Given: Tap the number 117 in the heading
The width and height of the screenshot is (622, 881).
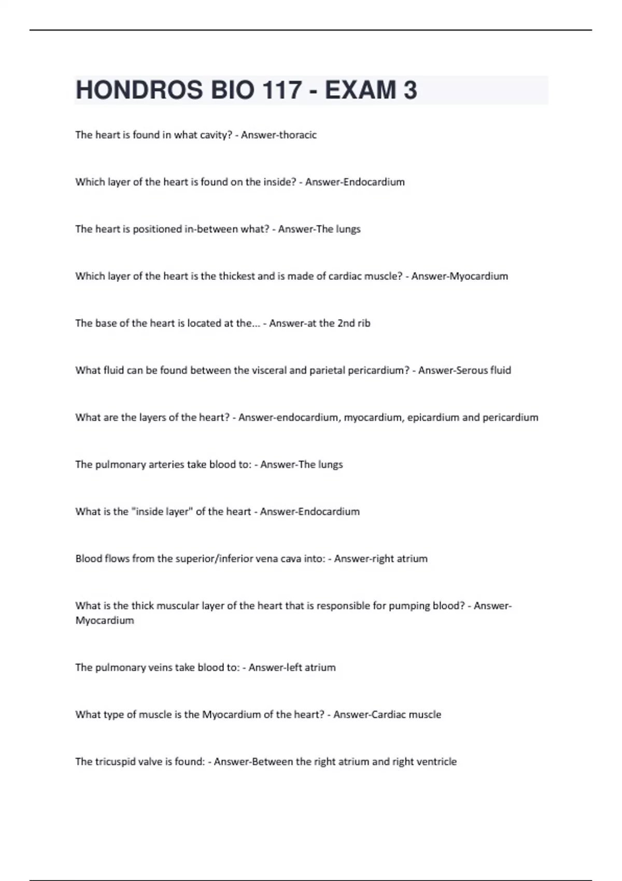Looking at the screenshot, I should click(282, 90).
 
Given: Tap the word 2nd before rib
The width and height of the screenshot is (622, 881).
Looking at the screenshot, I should click(346, 323).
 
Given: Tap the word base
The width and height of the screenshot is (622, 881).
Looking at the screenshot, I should click(106, 323).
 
